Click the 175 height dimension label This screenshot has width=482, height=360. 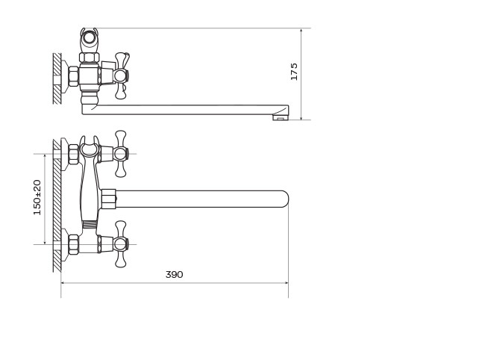click(294, 72)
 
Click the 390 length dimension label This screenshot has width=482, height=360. click(175, 274)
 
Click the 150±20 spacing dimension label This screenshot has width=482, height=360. click(37, 197)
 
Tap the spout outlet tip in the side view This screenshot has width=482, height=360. click(281, 117)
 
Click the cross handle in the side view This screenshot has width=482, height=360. click(121, 75)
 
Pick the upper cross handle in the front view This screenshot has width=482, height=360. click(121, 154)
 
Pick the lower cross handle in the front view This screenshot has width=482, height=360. click(121, 244)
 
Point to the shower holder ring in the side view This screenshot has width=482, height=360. click(90, 38)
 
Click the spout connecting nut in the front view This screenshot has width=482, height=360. click(108, 199)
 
